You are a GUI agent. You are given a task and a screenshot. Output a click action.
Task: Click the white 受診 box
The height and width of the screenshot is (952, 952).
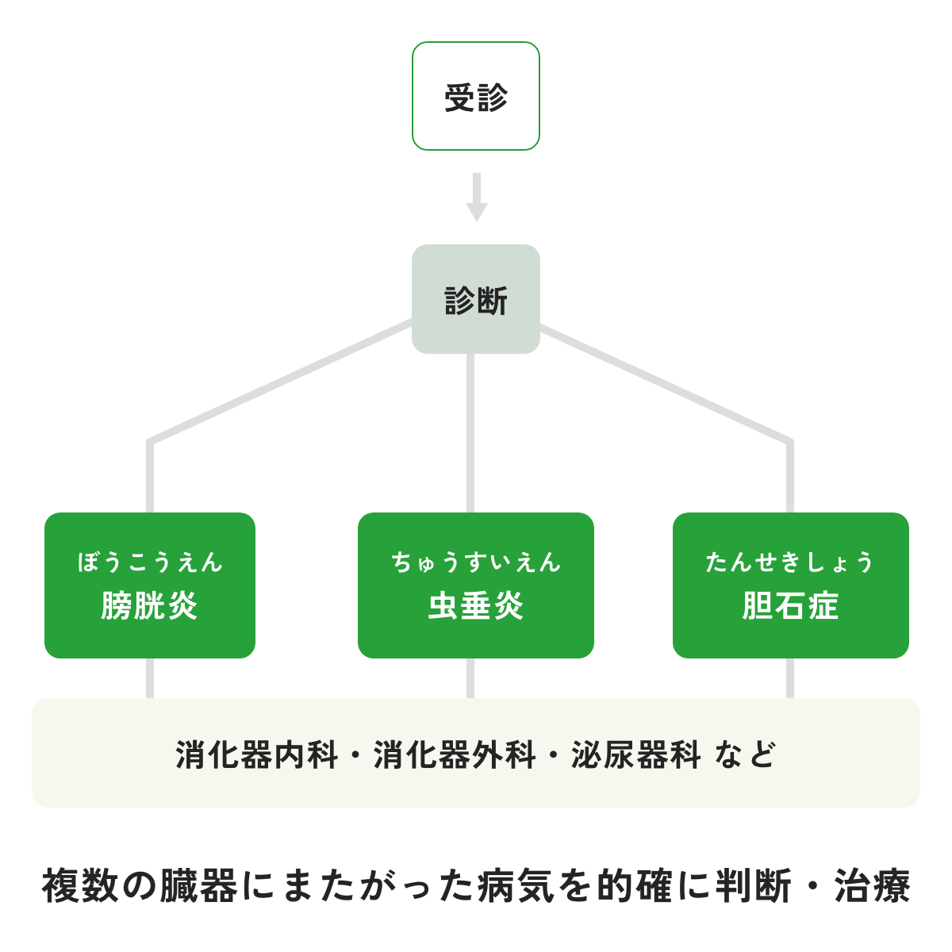476,96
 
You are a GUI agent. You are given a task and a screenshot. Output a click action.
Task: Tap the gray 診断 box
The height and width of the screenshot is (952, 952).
476,299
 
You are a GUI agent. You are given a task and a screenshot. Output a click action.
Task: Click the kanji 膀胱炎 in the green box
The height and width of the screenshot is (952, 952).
149,607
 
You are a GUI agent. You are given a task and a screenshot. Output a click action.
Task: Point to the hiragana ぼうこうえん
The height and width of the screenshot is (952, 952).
150,562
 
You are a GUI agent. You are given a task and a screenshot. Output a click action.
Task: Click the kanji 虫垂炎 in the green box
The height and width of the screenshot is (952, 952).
476,607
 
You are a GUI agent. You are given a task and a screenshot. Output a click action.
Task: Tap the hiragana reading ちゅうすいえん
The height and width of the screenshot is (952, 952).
476,562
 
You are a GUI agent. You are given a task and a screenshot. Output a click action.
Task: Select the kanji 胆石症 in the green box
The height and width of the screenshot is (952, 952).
790,607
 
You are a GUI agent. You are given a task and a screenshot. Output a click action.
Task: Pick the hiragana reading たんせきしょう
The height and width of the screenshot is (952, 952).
790,562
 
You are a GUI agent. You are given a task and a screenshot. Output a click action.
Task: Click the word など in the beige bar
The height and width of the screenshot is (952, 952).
744,754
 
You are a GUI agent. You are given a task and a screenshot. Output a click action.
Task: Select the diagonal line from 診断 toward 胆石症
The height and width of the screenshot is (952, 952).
666,382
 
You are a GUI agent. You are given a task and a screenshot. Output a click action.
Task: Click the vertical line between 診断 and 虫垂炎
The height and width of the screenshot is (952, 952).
470,432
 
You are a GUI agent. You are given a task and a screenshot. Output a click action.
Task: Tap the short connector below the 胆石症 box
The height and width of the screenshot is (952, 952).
790,678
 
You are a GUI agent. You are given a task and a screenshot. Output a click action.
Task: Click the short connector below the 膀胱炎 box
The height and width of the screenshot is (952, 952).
149,678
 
